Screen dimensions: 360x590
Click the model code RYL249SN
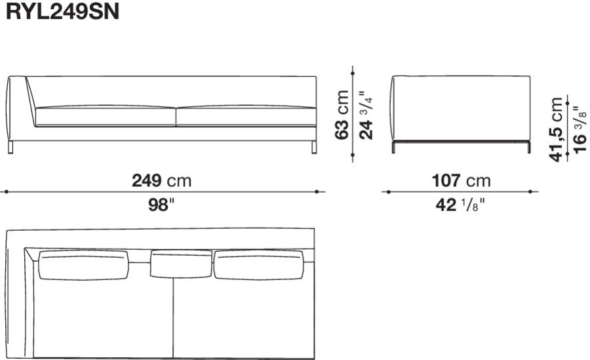coord(62,13)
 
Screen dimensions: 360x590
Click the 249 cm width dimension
coord(162,180)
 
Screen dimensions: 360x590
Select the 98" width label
coord(162,205)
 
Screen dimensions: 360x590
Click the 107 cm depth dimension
coord(461,180)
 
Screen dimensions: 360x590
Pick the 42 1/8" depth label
coord(461,205)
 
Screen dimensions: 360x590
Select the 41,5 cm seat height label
coord(557,129)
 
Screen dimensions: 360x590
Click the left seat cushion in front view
coord(105,115)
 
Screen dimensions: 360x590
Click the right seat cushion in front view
coord(246,115)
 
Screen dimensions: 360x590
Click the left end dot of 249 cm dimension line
coord(6,192)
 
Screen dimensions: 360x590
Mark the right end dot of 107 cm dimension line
coord(536,192)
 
